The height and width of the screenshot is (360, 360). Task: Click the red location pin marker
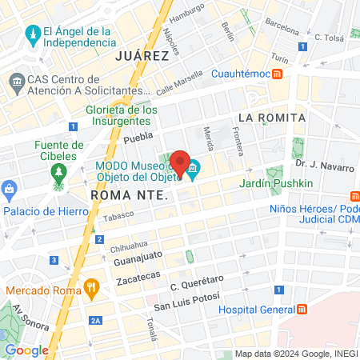coord(180,163)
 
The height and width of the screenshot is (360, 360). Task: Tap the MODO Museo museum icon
coord(194,168)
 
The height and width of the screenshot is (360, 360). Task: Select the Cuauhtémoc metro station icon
coord(277,74)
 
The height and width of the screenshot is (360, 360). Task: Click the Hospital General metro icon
coord(302,310)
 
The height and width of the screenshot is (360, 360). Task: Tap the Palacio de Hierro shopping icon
coord(10,191)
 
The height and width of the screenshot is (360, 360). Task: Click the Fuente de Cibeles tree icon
coord(58,171)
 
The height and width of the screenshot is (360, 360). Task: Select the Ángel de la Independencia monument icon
coord(32,34)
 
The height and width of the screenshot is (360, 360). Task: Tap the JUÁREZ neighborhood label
coord(142,56)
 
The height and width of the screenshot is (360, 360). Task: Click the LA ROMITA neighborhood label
coord(271,118)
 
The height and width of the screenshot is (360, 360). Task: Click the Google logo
coord(26,350)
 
